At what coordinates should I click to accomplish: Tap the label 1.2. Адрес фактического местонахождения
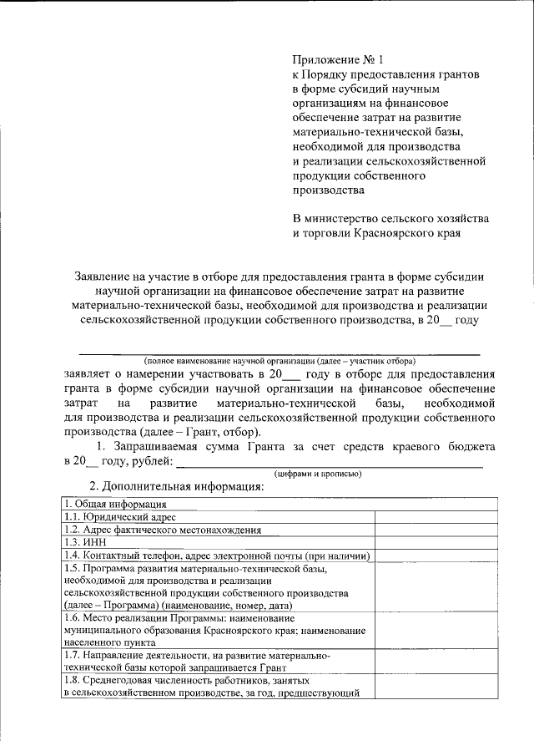point(163,530)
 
